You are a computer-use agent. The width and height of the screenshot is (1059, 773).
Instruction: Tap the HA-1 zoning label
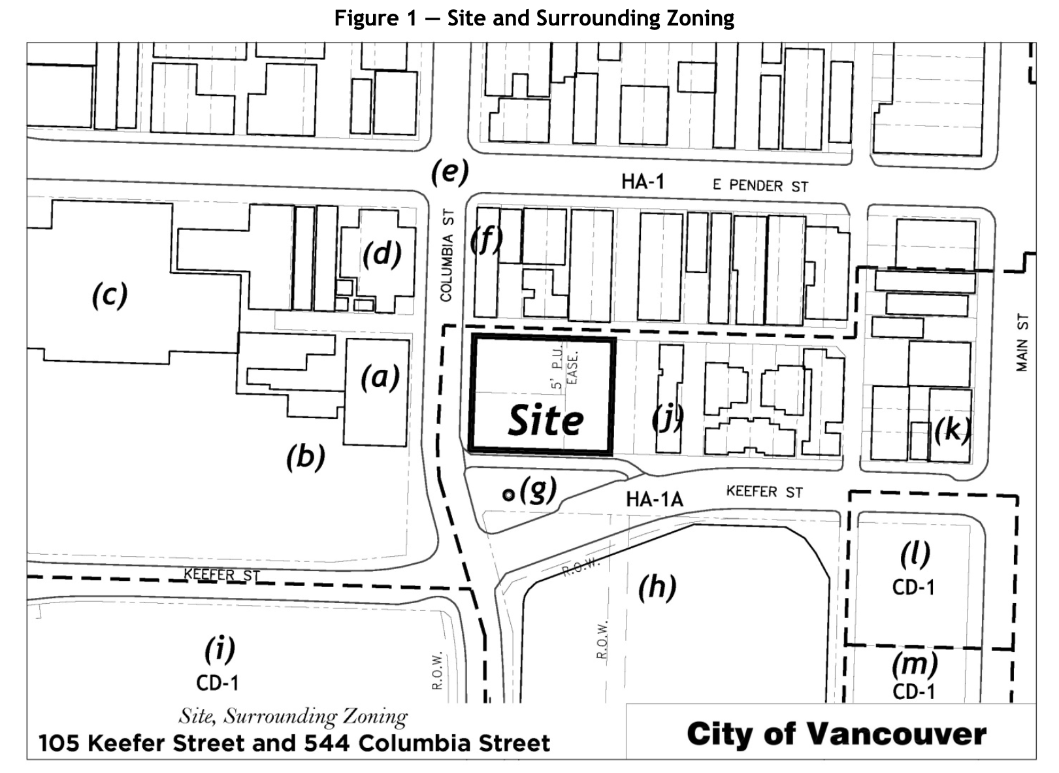642,182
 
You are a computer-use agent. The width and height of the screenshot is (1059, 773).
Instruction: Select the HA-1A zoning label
654,500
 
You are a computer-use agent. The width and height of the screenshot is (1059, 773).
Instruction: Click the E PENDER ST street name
760,186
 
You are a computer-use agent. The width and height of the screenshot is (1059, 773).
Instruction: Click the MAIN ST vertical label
1022,344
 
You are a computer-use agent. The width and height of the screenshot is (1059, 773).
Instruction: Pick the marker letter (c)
109,295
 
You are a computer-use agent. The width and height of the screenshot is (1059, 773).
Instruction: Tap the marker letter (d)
382,254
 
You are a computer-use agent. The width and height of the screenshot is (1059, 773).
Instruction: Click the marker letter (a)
380,377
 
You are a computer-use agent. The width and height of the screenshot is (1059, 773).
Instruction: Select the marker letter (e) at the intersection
449,172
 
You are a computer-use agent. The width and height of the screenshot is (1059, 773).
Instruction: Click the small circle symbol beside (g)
508,495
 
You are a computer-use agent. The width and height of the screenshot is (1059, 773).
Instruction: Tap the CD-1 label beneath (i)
218,683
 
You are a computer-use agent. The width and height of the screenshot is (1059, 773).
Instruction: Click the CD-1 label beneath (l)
913,587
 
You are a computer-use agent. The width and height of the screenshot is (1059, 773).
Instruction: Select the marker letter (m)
915,665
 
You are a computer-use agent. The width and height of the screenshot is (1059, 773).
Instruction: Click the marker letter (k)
951,430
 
